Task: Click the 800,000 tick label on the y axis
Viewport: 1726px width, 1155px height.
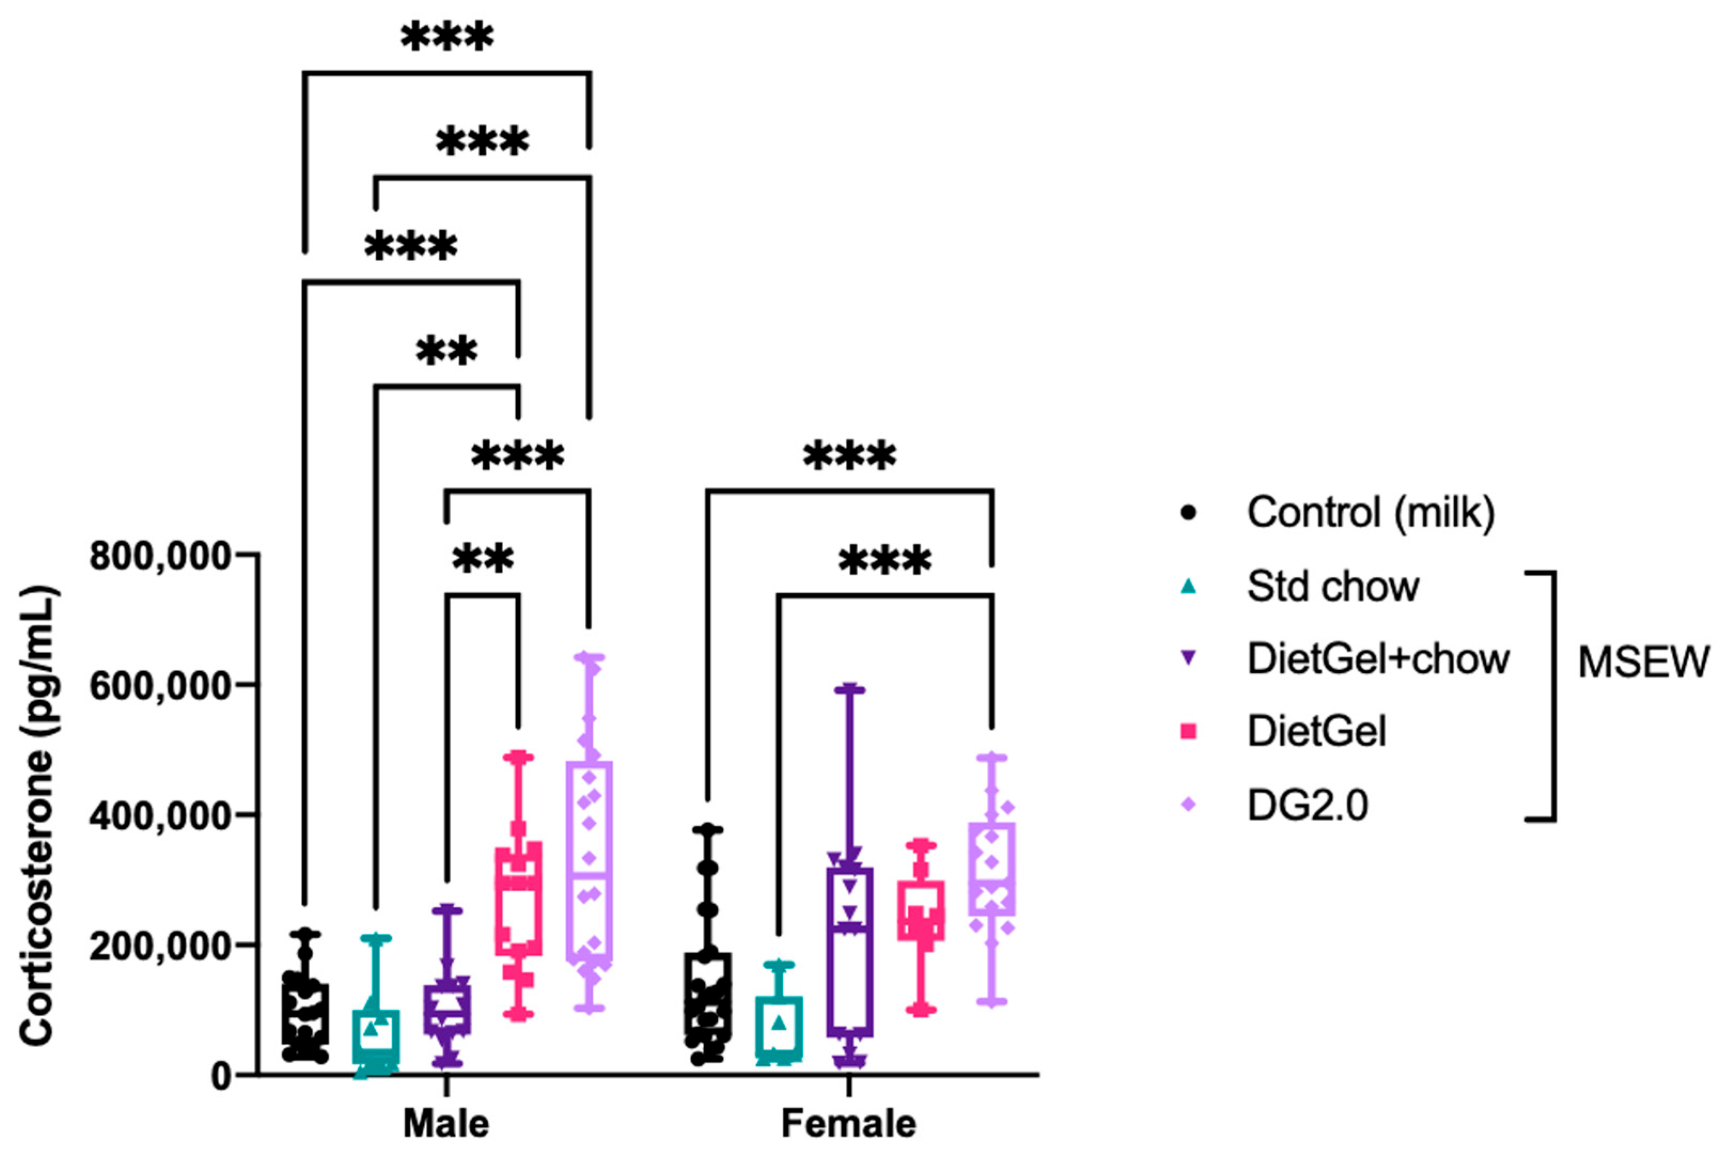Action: [161, 556]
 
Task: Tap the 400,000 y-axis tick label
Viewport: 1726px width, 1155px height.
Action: [161, 816]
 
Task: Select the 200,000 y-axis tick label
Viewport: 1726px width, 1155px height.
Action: [161, 946]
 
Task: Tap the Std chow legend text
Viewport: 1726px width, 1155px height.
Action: [1332, 586]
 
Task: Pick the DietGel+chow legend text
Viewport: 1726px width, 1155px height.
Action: [1378, 658]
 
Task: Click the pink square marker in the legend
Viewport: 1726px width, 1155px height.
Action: [1188, 732]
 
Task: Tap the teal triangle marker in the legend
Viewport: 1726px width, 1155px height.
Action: [1188, 586]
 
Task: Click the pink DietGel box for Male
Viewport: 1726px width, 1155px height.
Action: [519, 899]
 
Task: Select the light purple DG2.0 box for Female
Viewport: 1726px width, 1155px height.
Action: [992, 869]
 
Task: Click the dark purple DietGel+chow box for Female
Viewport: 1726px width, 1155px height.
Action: [849, 952]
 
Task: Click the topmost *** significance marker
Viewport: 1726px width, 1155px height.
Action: [447, 37]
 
